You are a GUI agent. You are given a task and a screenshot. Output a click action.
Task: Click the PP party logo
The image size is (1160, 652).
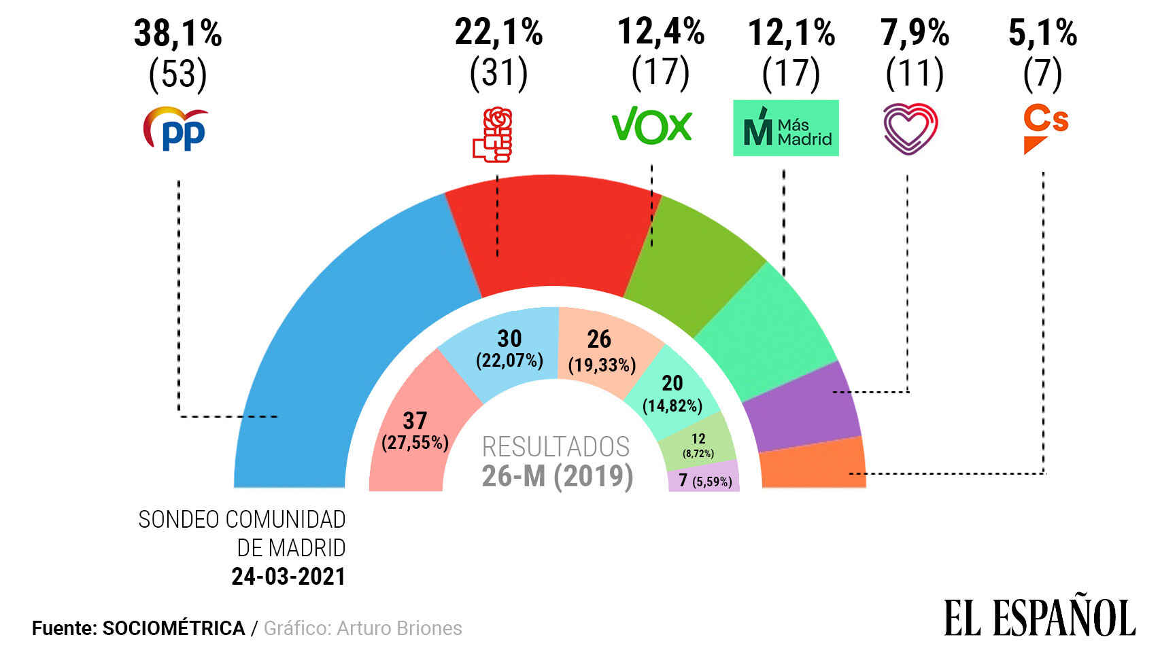[175, 129]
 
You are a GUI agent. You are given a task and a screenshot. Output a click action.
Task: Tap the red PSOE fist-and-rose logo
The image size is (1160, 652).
[493, 134]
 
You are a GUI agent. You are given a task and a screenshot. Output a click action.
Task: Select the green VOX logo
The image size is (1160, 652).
[651, 126]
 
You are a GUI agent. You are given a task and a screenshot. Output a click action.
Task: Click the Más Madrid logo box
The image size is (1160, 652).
[785, 128]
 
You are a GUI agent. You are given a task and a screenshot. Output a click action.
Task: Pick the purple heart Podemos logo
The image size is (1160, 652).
[910, 128]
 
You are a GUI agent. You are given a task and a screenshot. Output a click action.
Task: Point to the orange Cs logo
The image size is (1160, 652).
[1044, 130]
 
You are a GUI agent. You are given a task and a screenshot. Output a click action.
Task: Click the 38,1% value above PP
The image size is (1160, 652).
[178, 33]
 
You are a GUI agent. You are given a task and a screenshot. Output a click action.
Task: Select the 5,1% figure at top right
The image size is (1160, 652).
[1042, 33]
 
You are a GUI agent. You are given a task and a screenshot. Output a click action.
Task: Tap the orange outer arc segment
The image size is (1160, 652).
[813, 463]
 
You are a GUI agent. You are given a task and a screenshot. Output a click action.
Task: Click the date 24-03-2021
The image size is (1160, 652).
[288, 577]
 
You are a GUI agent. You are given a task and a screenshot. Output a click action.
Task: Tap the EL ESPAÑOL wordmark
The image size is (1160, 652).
[1039, 617]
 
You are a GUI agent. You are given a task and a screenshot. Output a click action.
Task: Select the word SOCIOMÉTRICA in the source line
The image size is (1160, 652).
[173, 628]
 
